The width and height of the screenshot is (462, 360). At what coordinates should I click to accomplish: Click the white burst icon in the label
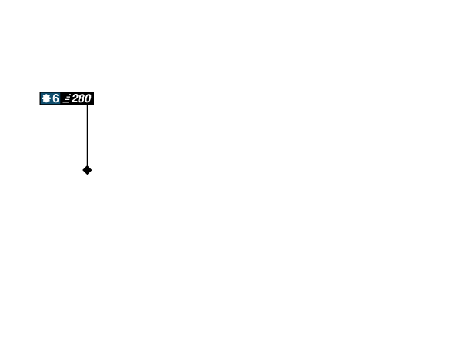point(46,98)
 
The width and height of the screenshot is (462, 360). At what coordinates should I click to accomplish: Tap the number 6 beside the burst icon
point(55,98)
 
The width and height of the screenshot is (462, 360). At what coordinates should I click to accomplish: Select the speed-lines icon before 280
point(67,98)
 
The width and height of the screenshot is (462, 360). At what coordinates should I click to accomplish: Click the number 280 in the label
point(81,98)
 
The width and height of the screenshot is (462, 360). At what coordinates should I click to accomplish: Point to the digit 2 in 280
point(75,98)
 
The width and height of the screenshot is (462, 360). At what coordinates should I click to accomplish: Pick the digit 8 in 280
point(81,98)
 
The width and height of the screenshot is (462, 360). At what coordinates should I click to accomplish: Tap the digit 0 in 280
point(87,98)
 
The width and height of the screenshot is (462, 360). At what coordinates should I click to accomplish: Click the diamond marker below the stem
point(87,170)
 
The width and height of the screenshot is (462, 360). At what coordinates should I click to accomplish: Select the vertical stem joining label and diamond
point(87,135)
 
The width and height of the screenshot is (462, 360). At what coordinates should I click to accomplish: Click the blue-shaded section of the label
point(51,98)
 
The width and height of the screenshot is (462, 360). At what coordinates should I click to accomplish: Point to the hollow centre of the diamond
point(87,170)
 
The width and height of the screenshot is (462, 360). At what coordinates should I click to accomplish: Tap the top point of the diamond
point(87,164)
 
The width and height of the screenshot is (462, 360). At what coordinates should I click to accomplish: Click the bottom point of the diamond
point(87,176)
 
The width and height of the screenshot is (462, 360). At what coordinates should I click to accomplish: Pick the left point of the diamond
point(81,170)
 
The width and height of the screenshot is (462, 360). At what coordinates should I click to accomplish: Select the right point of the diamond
point(93,170)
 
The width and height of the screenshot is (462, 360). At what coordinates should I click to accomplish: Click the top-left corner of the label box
point(39,92)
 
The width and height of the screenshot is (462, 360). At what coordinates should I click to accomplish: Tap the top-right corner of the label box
point(94,92)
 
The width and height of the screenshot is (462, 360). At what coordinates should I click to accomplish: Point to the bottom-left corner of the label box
point(39,105)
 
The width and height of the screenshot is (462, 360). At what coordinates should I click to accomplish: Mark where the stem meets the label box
point(87,106)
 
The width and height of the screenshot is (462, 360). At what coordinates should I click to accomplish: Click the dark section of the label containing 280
point(78,98)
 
